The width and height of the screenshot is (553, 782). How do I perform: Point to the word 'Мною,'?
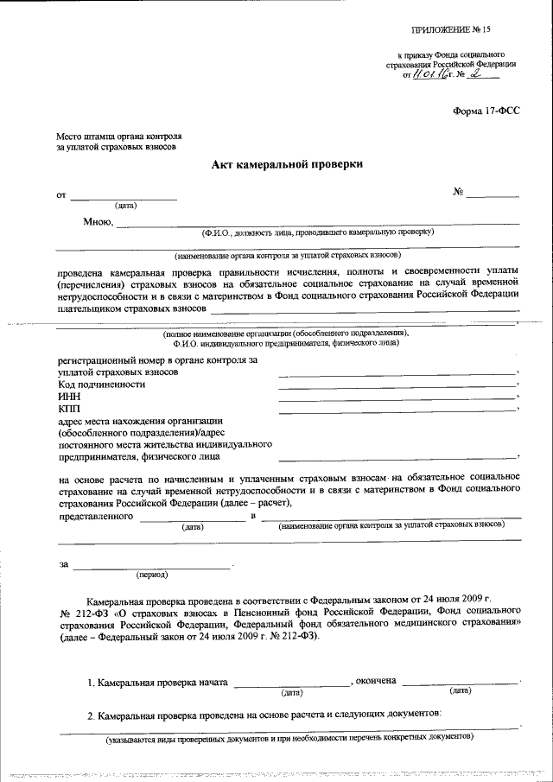99,222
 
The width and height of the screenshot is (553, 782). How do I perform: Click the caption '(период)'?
152,574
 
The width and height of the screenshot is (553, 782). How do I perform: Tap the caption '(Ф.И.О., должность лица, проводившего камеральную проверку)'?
317,232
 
